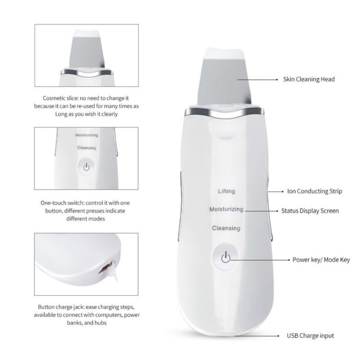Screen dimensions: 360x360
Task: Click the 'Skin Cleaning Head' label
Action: (x=308, y=79)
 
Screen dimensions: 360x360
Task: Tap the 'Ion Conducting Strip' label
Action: (x=314, y=191)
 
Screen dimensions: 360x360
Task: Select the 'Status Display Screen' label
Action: (x=310, y=210)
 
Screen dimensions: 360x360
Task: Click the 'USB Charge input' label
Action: (x=310, y=336)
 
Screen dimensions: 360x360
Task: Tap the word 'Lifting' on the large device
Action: (x=226, y=191)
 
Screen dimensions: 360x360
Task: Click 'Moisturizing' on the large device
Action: (x=226, y=210)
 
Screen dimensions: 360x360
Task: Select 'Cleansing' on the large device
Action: (x=226, y=229)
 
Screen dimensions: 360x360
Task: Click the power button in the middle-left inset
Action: (x=86, y=166)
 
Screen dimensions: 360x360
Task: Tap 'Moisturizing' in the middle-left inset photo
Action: (x=87, y=135)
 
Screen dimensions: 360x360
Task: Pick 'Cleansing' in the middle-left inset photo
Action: (x=87, y=148)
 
